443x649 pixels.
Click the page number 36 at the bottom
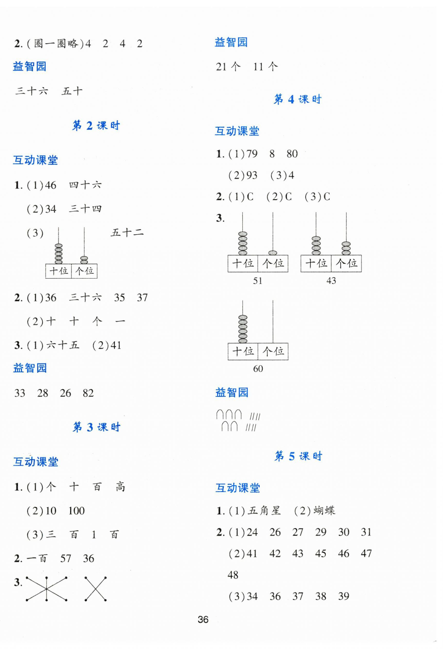pos(203,620)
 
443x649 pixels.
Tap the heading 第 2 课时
pos(96,126)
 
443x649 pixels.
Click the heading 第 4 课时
pos(298,99)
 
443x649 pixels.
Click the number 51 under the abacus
pos(258,281)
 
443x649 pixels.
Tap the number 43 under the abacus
pos(331,281)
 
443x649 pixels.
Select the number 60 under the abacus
pos(258,369)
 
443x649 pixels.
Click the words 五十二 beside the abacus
pos(127,233)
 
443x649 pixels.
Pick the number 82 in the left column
pos(88,393)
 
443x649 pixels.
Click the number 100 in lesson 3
pos(76,511)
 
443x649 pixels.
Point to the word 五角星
pos(264,511)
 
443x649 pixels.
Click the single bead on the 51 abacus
pos(273,253)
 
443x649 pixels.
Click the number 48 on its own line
pos(233,575)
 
